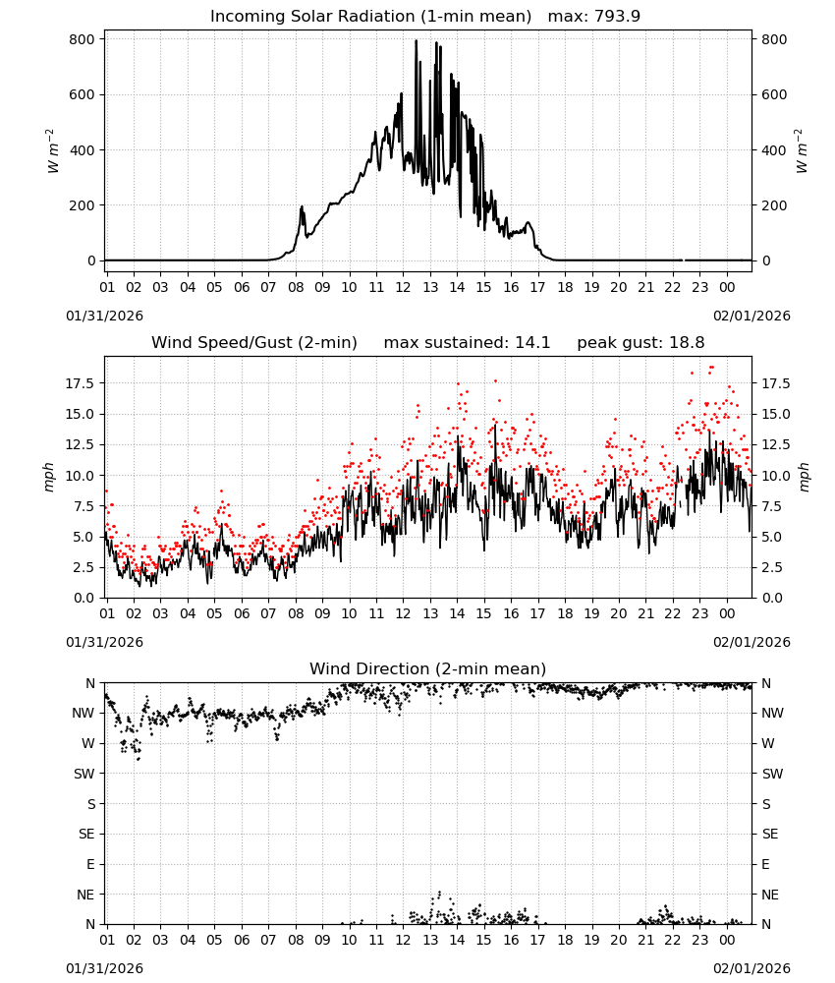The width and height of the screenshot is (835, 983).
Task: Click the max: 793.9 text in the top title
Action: point(594,17)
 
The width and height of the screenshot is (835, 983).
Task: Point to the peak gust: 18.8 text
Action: point(640,343)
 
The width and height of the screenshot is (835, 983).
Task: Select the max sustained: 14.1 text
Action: point(467,343)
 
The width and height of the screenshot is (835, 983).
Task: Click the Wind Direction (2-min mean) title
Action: point(428,668)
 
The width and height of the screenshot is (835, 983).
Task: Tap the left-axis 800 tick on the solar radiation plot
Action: point(83,39)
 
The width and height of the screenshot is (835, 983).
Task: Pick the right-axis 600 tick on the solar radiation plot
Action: point(774,94)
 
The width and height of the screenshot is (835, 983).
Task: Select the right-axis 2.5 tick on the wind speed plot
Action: point(770,567)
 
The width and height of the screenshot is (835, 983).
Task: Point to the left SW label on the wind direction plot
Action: point(84,774)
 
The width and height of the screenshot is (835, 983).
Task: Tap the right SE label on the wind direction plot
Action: point(770,834)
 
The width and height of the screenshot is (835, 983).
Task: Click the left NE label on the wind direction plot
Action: point(85,895)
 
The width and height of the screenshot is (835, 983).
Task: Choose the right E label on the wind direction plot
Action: point(765,864)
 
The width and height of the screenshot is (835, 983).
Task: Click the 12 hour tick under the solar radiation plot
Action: point(403,287)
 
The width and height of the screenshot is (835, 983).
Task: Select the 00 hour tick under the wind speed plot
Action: point(727,613)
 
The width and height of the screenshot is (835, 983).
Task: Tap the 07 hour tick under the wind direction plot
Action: point(268,939)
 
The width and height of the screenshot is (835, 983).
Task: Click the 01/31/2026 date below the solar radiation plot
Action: point(104,316)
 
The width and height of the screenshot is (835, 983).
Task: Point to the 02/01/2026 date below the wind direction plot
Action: point(751,968)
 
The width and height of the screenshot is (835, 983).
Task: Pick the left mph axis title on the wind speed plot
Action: point(49,477)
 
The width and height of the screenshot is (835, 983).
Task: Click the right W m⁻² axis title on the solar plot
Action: point(802,150)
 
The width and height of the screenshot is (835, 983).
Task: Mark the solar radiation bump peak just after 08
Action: point(302,206)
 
